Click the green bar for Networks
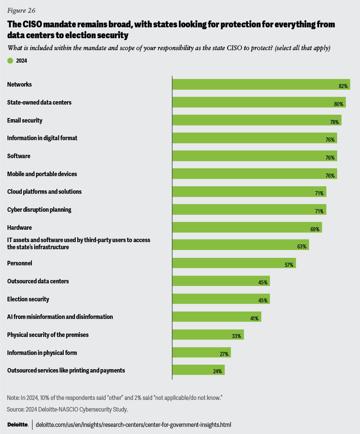pyautogui.click(x=261, y=84)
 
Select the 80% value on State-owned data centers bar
pyautogui.click(x=339, y=104)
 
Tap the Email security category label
pyautogui.click(x=25, y=120)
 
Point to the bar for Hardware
pyautogui.click(x=247, y=227)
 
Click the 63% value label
pyautogui.click(x=302, y=247)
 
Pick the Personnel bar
pyautogui.click(x=234, y=263)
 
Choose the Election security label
pyautogui.click(x=28, y=299)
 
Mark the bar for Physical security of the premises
pyautogui.click(x=208, y=335)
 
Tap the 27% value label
pyautogui.click(x=224, y=354)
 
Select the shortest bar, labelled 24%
pyautogui.click(x=198, y=370)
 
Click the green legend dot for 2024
pyautogui.click(x=10, y=60)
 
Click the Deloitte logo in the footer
pyautogui.click(x=18, y=425)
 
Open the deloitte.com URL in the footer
pyautogui.click(x=133, y=425)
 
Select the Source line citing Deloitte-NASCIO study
pyautogui.click(x=67, y=409)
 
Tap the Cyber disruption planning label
pyautogui.click(x=39, y=210)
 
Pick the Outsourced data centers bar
pyautogui.click(x=220, y=281)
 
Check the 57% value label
pyautogui.click(x=289, y=265)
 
